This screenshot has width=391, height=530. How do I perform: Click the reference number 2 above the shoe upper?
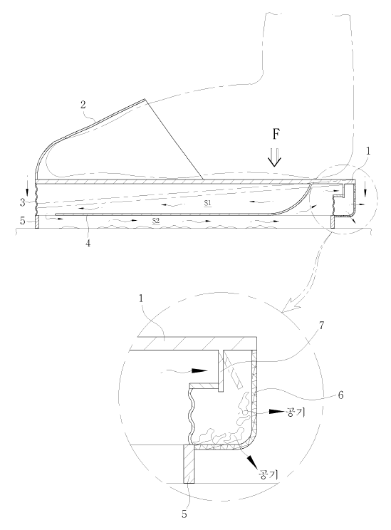83,105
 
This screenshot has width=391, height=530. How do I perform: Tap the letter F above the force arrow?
276,134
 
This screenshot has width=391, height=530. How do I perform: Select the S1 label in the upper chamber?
207,204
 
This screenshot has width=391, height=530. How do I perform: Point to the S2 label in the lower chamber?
156,221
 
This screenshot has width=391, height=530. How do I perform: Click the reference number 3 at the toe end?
22,203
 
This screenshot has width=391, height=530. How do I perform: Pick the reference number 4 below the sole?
88,244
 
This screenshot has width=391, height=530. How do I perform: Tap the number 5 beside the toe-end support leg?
22,222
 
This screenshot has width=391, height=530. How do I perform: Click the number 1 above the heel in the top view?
368,151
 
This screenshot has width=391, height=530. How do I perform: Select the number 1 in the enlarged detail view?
141,298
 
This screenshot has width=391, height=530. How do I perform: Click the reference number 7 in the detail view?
321,326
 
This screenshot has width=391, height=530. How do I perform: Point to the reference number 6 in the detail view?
340,395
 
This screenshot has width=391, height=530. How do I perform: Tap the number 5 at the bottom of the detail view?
184,514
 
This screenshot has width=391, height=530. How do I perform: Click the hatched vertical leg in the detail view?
189,464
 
